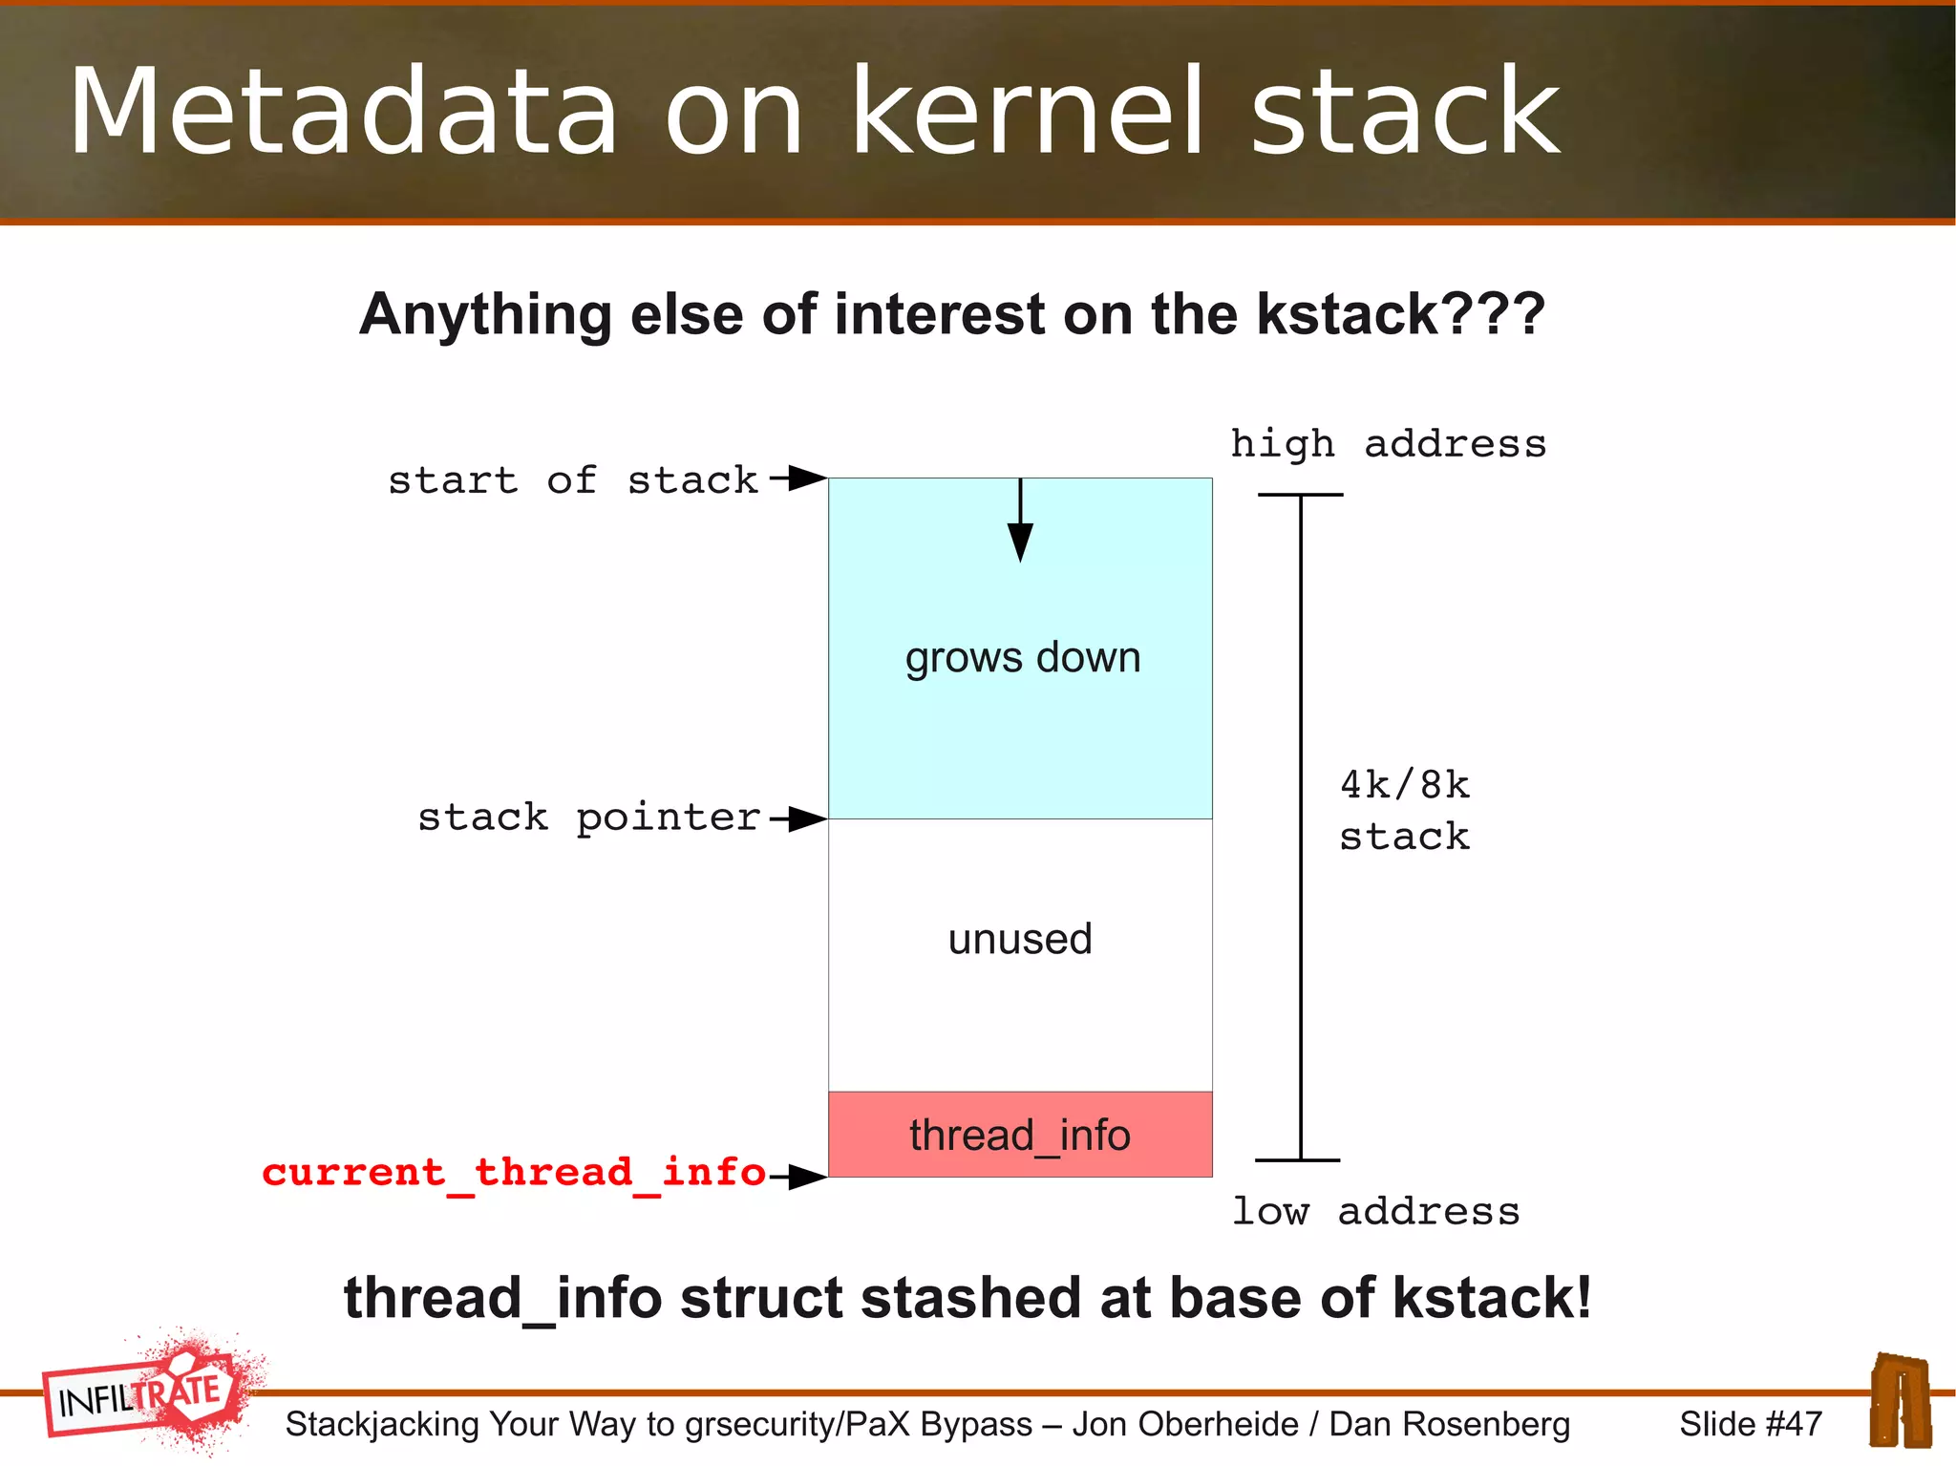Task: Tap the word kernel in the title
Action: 1027,113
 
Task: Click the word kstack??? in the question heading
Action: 1400,314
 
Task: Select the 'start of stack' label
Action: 572,480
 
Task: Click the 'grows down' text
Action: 1022,658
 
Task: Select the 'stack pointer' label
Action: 588,818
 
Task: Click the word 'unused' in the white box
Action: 1020,940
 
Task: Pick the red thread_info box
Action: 1020,1135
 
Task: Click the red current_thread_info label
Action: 514,1173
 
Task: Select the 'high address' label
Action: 1388,444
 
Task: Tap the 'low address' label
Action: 1375,1212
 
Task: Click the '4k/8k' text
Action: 1404,785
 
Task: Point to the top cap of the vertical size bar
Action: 1300,495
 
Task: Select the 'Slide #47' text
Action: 1750,1424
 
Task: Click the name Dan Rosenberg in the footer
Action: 1449,1424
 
